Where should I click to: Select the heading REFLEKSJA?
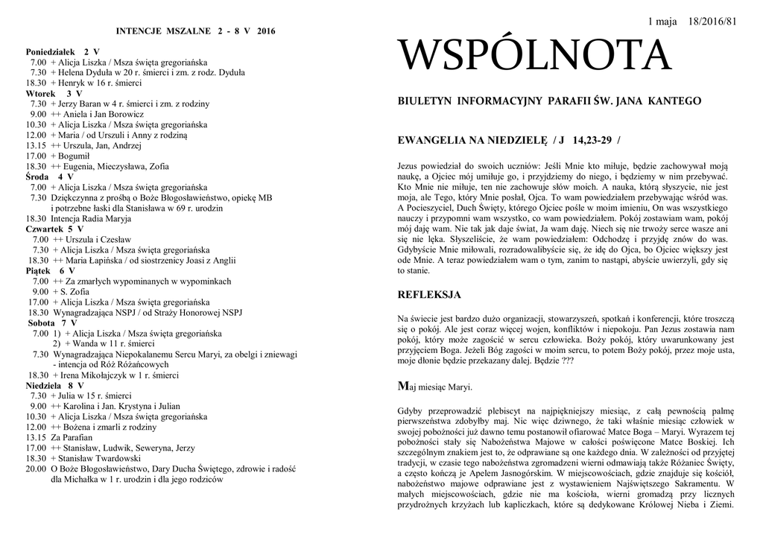coord(430,295)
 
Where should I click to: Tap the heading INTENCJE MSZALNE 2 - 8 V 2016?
coord(195,31)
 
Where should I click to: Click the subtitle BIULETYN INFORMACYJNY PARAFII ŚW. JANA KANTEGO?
coord(549,101)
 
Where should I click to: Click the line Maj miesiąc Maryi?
coord(436,387)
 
